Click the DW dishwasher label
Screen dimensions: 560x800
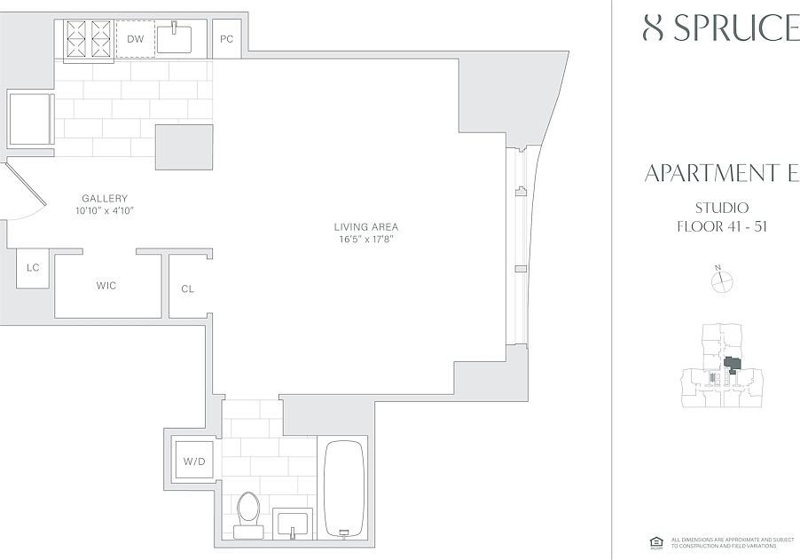pyautogui.click(x=135, y=39)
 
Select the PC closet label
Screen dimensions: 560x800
pyautogui.click(x=226, y=39)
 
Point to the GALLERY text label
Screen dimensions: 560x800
pyautogui.click(x=105, y=199)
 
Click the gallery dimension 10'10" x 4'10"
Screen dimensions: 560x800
pyautogui.click(x=105, y=211)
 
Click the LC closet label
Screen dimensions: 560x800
pyautogui.click(x=33, y=267)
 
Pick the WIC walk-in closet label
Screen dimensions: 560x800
pyautogui.click(x=106, y=286)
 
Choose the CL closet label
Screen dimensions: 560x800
pyautogui.click(x=187, y=288)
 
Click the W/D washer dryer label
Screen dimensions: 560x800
pyautogui.click(x=193, y=461)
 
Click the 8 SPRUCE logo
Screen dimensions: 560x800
pyautogui.click(x=720, y=28)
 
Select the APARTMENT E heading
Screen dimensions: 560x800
pyautogui.click(x=720, y=173)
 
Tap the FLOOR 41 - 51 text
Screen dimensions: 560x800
pyautogui.click(x=721, y=225)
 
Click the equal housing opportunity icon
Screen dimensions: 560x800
pyautogui.click(x=657, y=542)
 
